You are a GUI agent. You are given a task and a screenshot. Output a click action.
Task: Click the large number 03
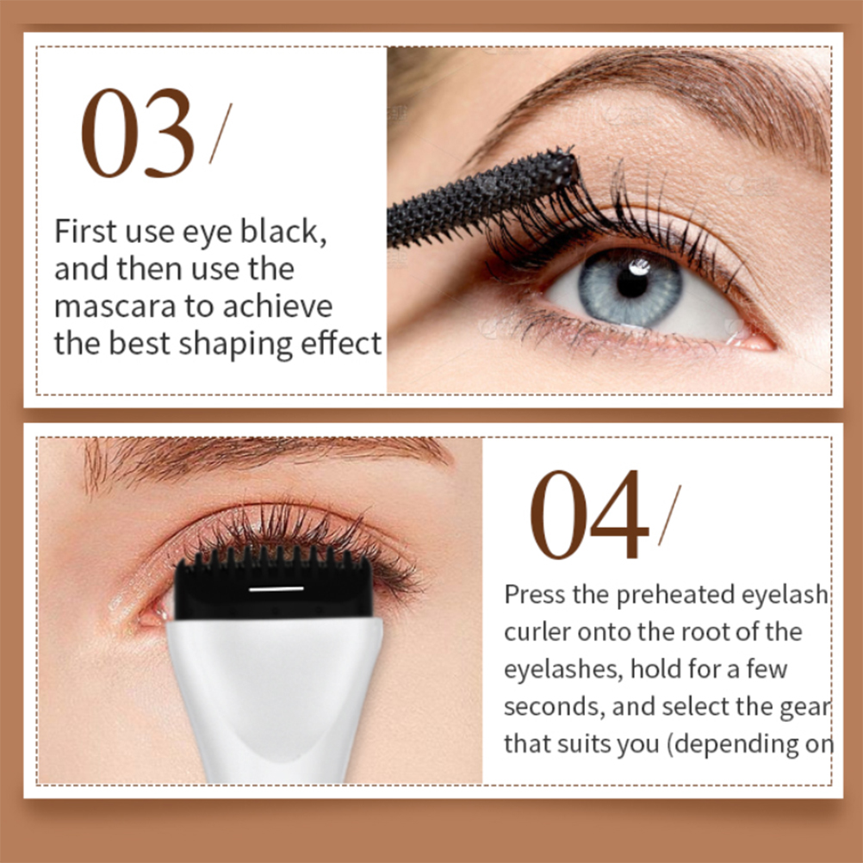pyautogui.click(x=138, y=133)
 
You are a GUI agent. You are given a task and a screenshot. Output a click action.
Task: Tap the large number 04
pyautogui.click(x=589, y=514)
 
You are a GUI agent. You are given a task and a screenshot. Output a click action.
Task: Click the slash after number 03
pyautogui.click(x=220, y=133)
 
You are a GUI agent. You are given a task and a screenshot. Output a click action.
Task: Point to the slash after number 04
pyautogui.click(x=670, y=515)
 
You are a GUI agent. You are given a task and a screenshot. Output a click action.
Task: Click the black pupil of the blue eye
pyautogui.click(x=632, y=282)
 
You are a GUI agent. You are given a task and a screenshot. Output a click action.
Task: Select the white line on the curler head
pyautogui.click(x=276, y=589)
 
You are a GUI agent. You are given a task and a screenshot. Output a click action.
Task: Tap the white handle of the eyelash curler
pyautogui.click(x=274, y=699)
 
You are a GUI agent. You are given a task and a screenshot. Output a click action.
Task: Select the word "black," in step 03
pyautogui.click(x=282, y=231)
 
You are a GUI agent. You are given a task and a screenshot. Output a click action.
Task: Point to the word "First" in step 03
pyautogui.click(x=85, y=231)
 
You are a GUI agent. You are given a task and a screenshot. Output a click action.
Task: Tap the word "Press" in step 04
pyautogui.click(x=534, y=594)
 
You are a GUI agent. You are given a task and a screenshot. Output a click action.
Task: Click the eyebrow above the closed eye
pyautogui.click(x=264, y=460)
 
